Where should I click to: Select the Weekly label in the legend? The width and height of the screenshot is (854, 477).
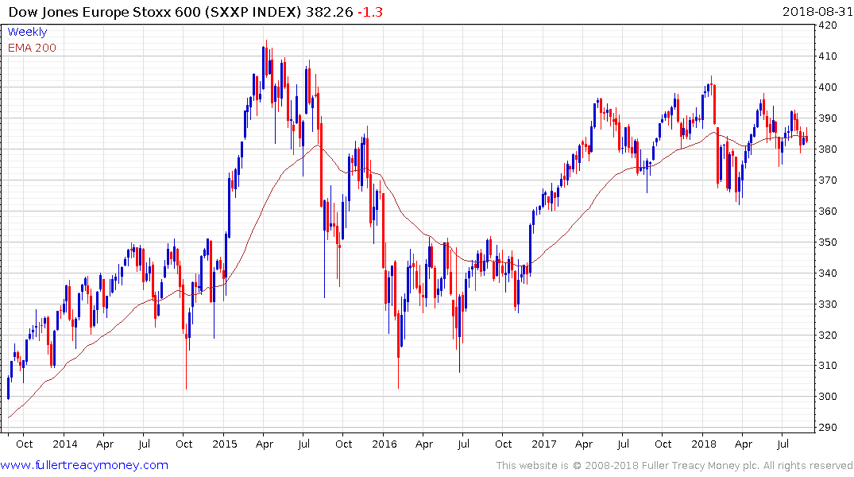tap(27, 32)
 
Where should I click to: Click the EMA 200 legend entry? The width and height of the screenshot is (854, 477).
tap(32, 48)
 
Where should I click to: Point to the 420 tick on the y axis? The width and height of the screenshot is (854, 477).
tap(829, 25)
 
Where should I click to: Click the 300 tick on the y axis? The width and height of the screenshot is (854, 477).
tap(829, 397)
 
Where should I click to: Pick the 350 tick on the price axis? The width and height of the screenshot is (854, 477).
tap(829, 242)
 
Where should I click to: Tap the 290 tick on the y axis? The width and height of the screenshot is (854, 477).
tap(829, 428)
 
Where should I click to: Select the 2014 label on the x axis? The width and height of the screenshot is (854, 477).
tap(65, 444)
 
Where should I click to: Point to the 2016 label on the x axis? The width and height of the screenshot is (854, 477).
tap(384, 444)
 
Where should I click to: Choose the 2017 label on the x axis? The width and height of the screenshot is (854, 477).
tap(543, 444)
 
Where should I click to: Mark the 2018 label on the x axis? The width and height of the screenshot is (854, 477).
tap(703, 444)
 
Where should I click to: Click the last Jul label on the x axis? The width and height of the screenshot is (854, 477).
tap(783, 444)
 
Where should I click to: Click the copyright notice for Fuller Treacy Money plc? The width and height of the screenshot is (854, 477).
tap(674, 465)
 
